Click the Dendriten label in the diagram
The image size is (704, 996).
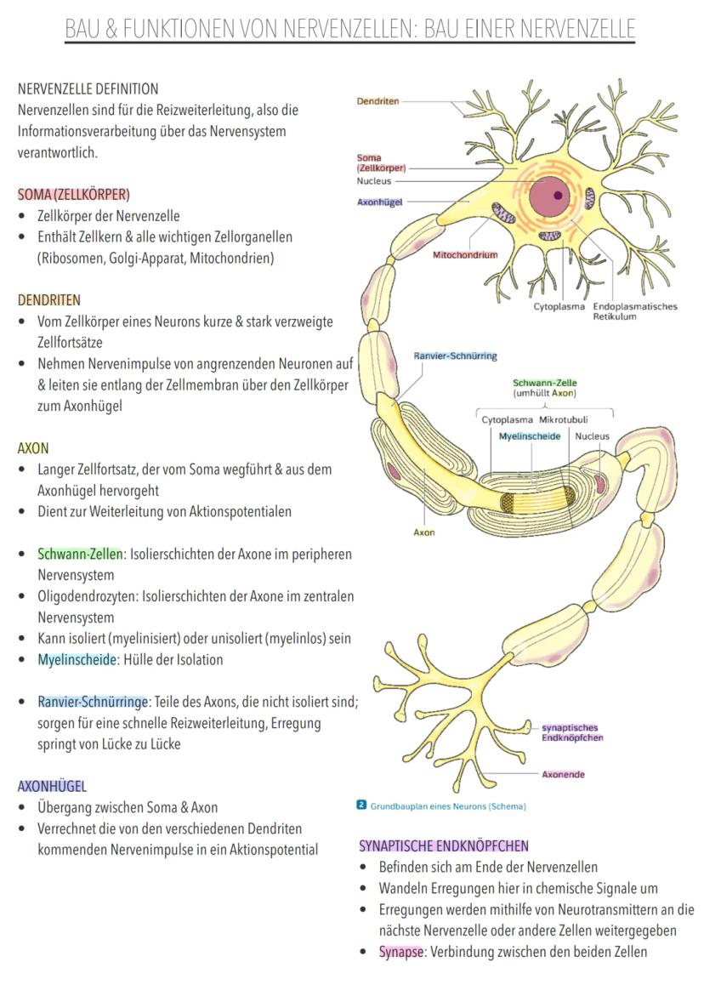pyautogui.click(x=378, y=101)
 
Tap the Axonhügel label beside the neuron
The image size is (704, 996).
pyautogui.click(x=379, y=202)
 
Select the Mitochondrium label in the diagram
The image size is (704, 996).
pyautogui.click(x=465, y=254)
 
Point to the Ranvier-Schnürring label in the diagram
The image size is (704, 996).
pyautogui.click(x=455, y=356)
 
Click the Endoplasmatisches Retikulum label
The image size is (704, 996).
pyautogui.click(x=635, y=311)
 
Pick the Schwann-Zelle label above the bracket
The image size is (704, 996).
pyautogui.click(x=545, y=383)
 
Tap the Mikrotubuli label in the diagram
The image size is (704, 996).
pyautogui.click(x=564, y=420)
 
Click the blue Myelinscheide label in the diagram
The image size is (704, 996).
pyautogui.click(x=530, y=436)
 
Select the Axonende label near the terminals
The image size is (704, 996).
pyautogui.click(x=563, y=774)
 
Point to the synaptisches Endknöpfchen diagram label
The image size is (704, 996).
pyautogui.click(x=572, y=733)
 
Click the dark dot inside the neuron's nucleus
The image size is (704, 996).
pyautogui.click(x=558, y=195)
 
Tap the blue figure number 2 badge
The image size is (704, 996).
pyautogui.click(x=362, y=805)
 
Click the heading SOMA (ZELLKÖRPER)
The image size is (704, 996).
pyautogui.click(x=74, y=195)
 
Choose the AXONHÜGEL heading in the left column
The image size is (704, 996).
pyautogui.click(x=52, y=787)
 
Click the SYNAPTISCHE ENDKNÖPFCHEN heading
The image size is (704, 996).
pyautogui.click(x=444, y=845)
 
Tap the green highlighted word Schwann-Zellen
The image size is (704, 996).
pyautogui.click(x=80, y=554)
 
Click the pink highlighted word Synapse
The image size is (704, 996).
pyautogui.click(x=400, y=952)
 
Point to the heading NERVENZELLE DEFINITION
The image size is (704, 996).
pyautogui.click(x=88, y=89)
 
